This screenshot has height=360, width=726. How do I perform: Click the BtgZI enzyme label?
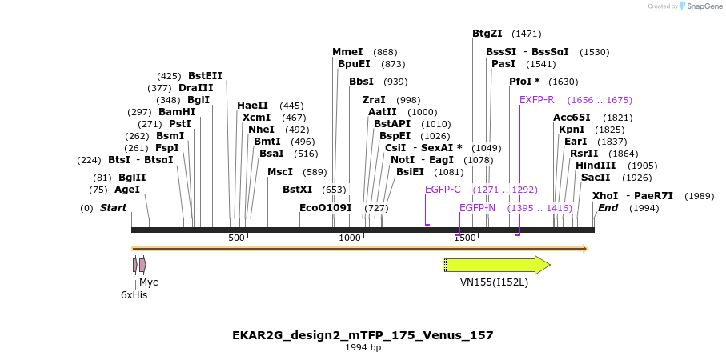(x=487, y=34)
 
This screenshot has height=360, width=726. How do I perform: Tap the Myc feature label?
(x=149, y=282)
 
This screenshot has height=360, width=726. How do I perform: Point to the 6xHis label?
(x=134, y=295)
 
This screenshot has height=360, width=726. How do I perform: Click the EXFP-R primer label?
(x=536, y=100)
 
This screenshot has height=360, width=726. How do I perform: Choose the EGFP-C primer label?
(x=443, y=190)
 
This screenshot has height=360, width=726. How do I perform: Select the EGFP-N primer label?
(x=477, y=208)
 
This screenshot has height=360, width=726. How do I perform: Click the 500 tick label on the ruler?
(x=236, y=238)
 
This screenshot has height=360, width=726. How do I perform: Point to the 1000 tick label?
(x=350, y=238)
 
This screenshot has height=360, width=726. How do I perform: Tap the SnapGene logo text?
(x=702, y=6)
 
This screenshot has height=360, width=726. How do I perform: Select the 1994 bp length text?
(x=363, y=348)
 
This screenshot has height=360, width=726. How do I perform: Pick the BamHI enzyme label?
(x=177, y=112)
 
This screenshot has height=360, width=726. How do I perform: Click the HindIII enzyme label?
(x=596, y=166)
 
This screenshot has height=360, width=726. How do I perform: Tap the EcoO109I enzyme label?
(x=326, y=208)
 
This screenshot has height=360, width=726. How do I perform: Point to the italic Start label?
(x=113, y=208)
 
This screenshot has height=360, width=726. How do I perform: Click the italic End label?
(x=608, y=208)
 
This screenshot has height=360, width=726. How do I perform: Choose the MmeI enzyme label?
(x=347, y=52)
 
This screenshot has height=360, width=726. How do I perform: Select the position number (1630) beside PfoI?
(x=563, y=82)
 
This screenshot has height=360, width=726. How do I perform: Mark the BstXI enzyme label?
(x=298, y=190)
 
